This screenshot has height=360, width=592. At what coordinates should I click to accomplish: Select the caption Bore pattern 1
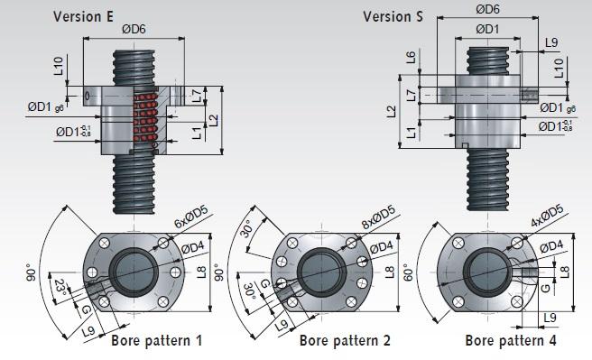156,341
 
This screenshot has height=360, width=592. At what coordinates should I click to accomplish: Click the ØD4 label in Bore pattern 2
382,247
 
